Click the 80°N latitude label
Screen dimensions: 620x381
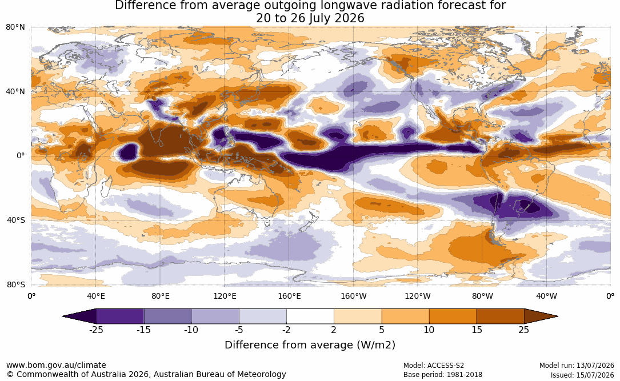[x=15, y=27]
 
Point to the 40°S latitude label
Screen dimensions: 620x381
[x=15, y=220]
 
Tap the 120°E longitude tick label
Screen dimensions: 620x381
[x=225, y=296]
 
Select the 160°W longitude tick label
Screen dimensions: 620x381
[x=354, y=296]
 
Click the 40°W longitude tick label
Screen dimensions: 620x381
[x=546, y=296]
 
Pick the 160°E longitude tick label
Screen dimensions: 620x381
[x=289, y=296]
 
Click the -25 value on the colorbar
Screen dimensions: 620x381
[x=96, y=330]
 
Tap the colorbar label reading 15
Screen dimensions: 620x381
[x=477, y=330]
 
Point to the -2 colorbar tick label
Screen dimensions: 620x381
[x=286, y=330]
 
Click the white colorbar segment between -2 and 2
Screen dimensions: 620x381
[x=310, y=316]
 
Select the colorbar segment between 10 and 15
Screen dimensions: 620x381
[x=453, y=316]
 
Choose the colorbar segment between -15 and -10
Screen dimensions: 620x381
[x=167, y=316]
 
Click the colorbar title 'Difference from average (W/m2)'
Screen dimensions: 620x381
[x=310, y=345]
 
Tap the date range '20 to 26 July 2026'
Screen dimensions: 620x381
[x=310, y=18]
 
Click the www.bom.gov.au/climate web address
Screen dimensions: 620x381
[x=56, y=365]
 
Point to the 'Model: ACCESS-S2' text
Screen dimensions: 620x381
[x=434, y=366]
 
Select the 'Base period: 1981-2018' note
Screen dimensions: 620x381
[x=443, y=375]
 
